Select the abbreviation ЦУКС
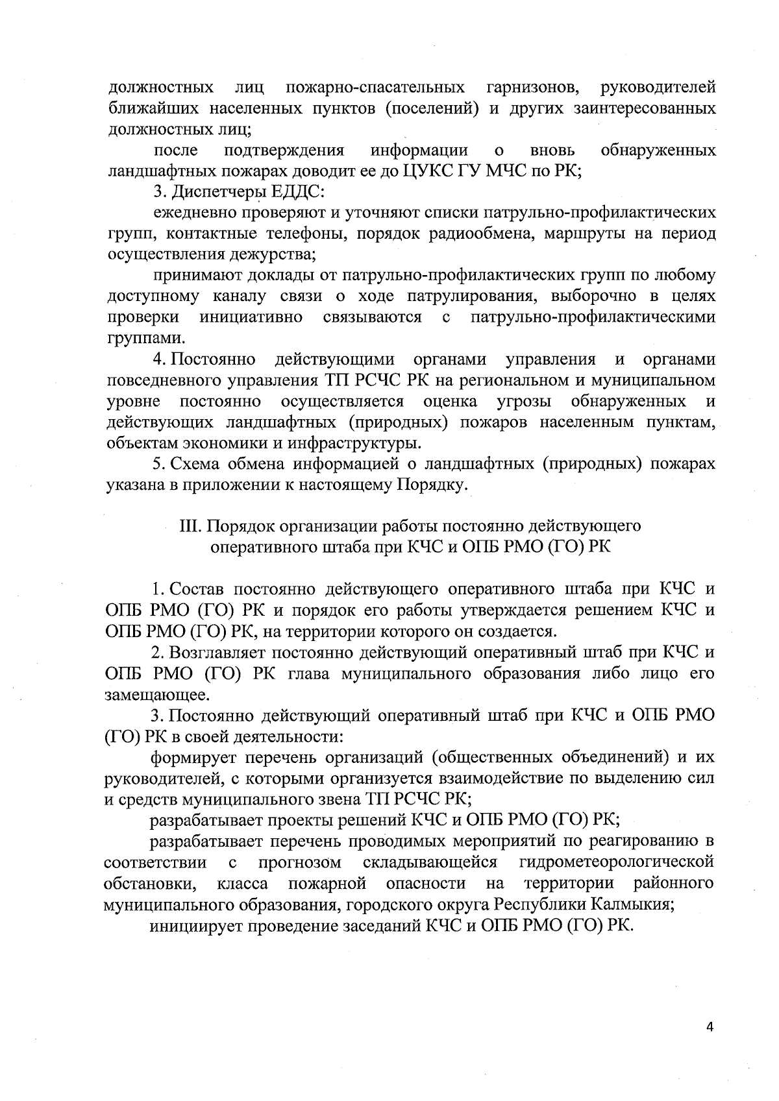[424, 172]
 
